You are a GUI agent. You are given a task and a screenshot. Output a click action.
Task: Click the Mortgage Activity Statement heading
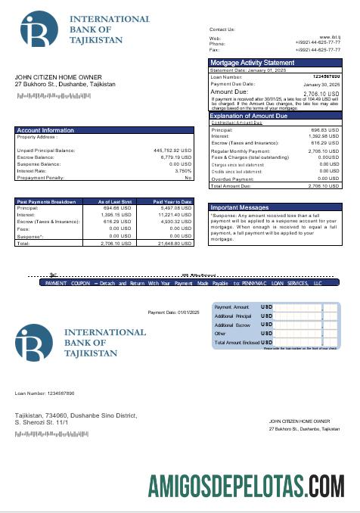point(252,62)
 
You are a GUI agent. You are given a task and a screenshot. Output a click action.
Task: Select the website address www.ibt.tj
point(329,37)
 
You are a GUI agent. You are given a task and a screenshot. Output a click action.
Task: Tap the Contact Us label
point(222,29)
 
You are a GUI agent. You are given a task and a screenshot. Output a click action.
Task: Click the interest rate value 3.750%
point(183,171)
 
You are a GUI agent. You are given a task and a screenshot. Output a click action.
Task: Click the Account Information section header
point(45,130)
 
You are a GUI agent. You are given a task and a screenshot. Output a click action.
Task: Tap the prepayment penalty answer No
point(188,178)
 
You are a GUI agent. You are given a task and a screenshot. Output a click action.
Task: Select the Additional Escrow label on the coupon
point(233,324)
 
